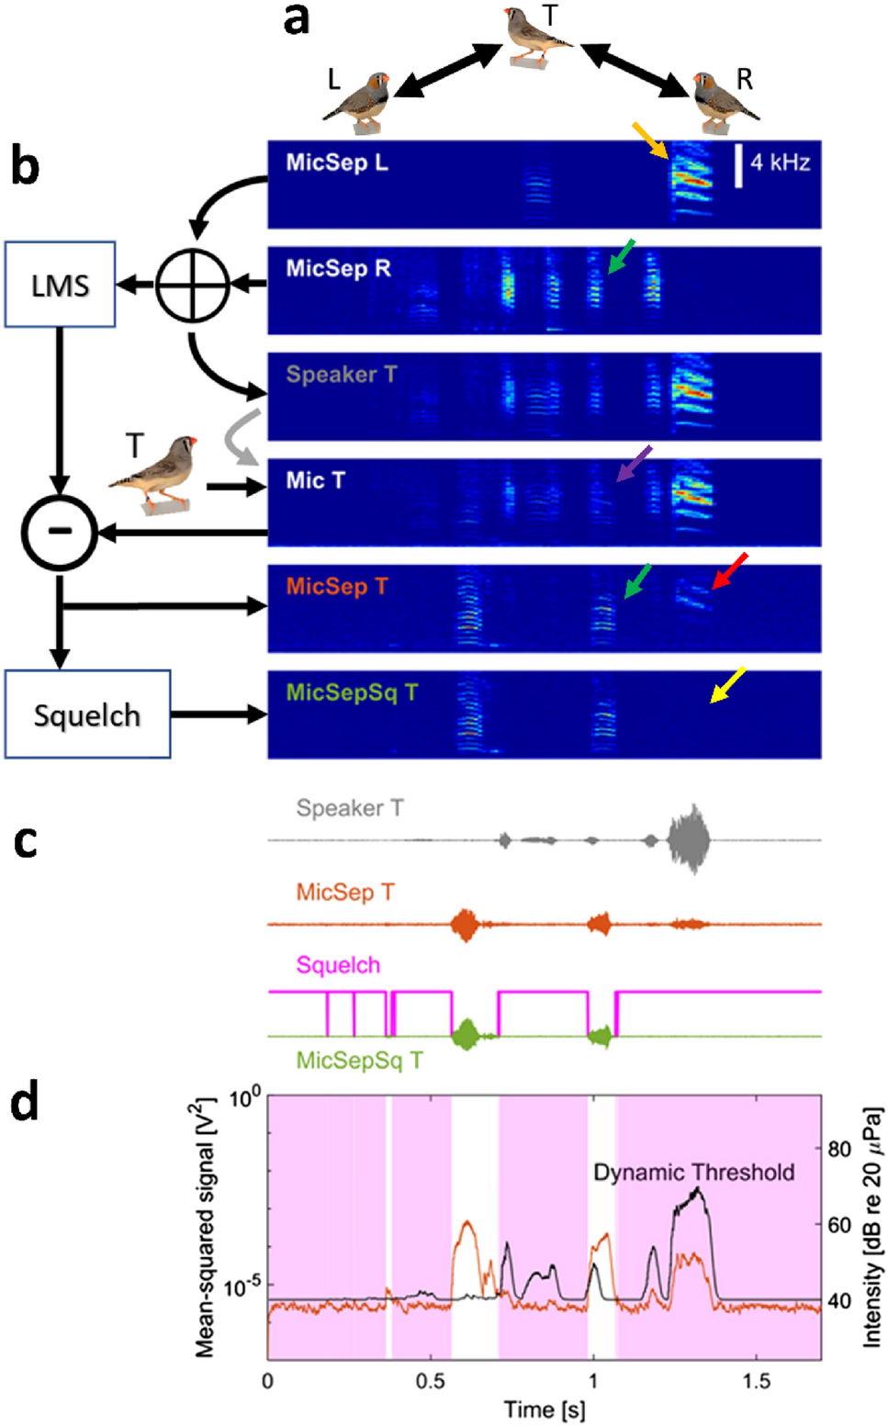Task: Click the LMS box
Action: (60, 285)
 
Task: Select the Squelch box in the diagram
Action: (87, 714)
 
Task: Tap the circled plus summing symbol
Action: (192, 285)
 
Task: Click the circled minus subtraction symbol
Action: (60, 532)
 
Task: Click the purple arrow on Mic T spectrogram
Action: (634, 464)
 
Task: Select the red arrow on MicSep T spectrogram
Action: (730, 570)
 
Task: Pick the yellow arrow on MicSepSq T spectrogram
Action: (727, 685)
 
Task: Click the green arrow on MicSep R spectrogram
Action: (621, 255)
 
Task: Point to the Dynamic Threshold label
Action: (693, 1172)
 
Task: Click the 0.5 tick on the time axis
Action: (430, 1380)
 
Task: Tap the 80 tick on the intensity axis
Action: (838, 1149)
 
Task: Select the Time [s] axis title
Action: (544, 1410)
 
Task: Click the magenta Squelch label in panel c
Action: (338, 965)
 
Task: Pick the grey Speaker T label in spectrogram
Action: (341, 375)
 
